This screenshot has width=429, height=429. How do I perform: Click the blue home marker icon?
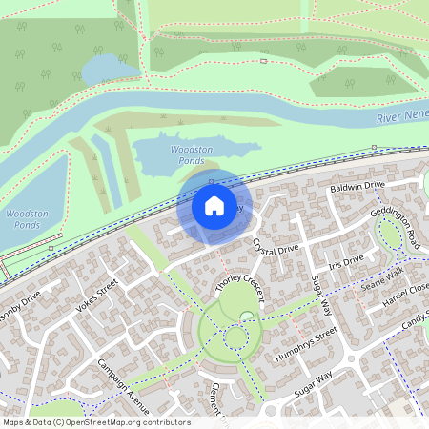(214, 205)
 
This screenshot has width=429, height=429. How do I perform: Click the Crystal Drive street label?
(276, 250)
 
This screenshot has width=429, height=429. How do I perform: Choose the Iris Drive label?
(346, 261)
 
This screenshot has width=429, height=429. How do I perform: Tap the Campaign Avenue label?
(125, 379)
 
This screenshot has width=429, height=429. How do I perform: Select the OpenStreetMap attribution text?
(95, 422)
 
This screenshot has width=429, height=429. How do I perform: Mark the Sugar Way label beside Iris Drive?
(319, 295)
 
